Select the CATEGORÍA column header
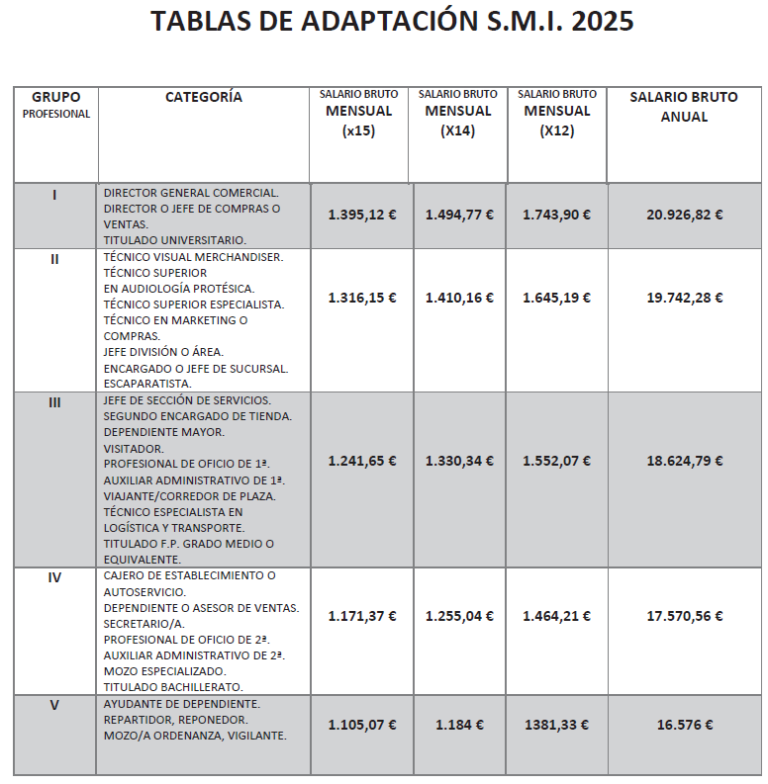point(203,97)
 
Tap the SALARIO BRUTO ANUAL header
point(684,107)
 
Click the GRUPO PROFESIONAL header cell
point(55,105)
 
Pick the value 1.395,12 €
point(362,214)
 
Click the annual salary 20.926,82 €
point(685,214)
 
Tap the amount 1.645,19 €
point(556,298)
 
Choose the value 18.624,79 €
point(685,461)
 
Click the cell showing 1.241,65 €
point(362,461)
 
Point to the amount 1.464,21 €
point(556,616)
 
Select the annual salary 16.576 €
point(685,725)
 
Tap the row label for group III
point(54,401)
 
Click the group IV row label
point(54,577)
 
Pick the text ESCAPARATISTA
point(146,384)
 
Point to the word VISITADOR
point(134,448)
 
